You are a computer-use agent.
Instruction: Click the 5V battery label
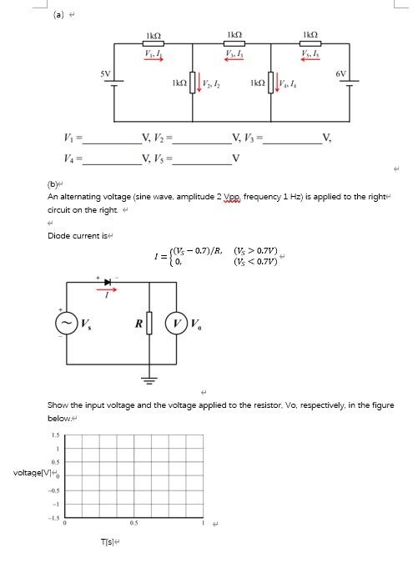(106, 73)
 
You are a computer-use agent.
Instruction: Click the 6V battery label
(340, 74)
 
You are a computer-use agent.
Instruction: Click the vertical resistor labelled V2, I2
(194, 84)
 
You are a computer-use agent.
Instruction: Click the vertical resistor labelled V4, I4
(274, 84)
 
